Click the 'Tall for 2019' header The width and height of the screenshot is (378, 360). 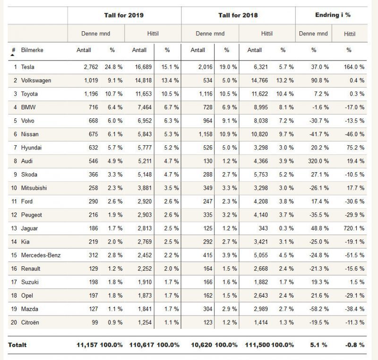tap(124, 15)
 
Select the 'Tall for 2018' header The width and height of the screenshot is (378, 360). tap(238, 15)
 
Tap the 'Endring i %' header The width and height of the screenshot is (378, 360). tap(333, 15)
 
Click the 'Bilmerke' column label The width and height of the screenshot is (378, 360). tap(32, 50)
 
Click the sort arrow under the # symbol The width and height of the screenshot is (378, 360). tap(13, 55)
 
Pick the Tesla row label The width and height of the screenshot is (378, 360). tap(27, 67)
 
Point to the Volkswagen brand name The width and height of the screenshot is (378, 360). tap(36, 80)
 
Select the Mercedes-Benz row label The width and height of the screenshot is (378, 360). tap(41, 255)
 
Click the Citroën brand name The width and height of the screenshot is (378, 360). tap(30, 322)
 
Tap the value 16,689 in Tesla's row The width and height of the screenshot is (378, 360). tap(143, 67)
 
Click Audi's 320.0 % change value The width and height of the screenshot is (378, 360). tap(318, 161)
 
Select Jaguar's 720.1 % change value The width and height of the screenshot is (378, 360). tap(354, 228)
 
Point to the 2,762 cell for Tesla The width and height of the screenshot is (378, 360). tap(91, 67)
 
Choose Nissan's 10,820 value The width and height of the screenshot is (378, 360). tap(259, 134)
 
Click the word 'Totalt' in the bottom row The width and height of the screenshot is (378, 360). tap(17, 345)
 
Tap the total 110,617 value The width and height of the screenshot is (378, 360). tap(141, 345)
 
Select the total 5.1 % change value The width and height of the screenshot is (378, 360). tap(318, 345)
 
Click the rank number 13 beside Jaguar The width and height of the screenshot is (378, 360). tap(14, 228)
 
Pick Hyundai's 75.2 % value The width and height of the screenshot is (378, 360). tap(355, 148)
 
